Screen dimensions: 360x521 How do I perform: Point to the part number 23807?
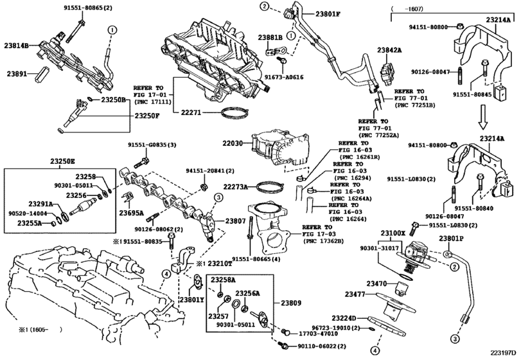(x=236, y=221)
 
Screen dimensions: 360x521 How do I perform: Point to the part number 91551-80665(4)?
(x=261, y=258)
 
